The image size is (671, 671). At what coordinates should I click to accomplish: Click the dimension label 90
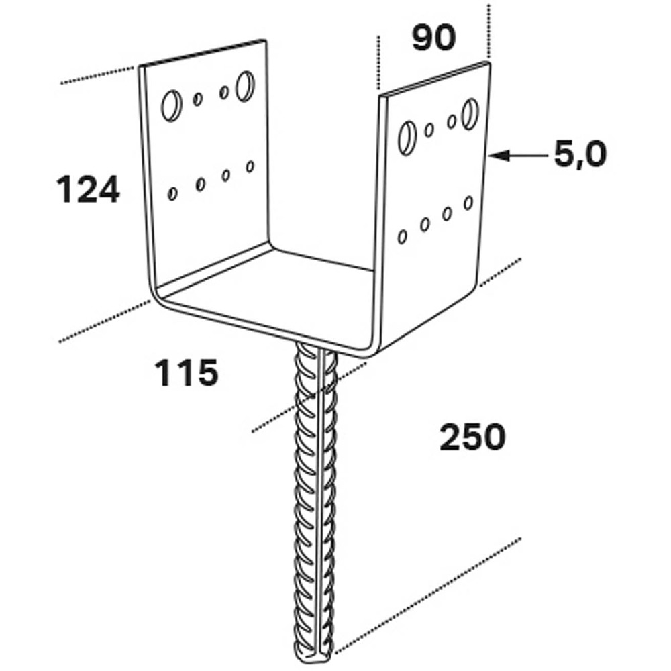point(433,39)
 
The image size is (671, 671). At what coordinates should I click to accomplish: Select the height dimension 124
point(88,189)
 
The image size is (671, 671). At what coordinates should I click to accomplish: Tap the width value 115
point(187,372)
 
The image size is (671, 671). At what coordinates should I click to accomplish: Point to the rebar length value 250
point(472,438)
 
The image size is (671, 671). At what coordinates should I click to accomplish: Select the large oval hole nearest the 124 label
point(170,105)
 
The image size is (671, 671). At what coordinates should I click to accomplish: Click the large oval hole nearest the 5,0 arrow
point(470,113)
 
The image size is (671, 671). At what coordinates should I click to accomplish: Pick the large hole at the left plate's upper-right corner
point(245,85)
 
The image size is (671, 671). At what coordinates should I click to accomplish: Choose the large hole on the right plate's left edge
point(407,137)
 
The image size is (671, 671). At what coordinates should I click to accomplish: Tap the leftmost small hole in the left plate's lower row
point(173,193)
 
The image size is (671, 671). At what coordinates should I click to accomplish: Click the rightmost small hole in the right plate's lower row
point(468,203)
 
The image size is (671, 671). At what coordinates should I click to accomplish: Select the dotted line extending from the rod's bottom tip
point(429,594)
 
